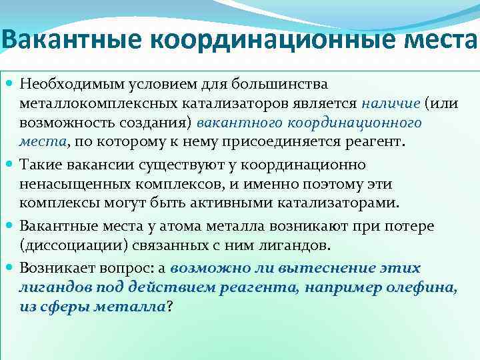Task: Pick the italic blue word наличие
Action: [391, 105]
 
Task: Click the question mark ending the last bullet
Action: [170, 307]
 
